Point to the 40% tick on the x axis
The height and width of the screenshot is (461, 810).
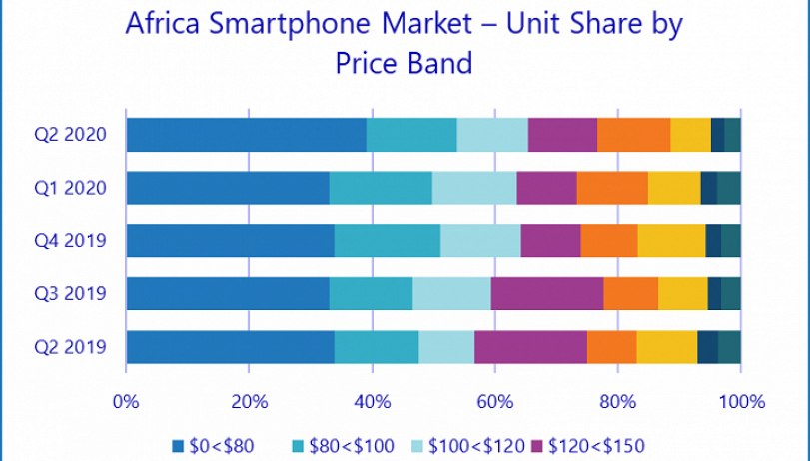372,402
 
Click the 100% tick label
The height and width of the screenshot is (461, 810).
740,402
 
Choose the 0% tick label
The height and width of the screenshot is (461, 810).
126,402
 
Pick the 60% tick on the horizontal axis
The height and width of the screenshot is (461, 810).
494,402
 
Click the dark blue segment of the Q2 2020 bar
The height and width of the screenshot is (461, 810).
246,134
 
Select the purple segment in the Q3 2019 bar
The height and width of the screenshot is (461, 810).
547,294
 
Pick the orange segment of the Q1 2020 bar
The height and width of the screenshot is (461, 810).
612,188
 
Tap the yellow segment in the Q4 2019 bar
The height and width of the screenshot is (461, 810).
671,240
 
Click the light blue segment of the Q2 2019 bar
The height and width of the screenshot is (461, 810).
446,348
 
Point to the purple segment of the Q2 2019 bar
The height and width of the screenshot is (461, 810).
530,348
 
